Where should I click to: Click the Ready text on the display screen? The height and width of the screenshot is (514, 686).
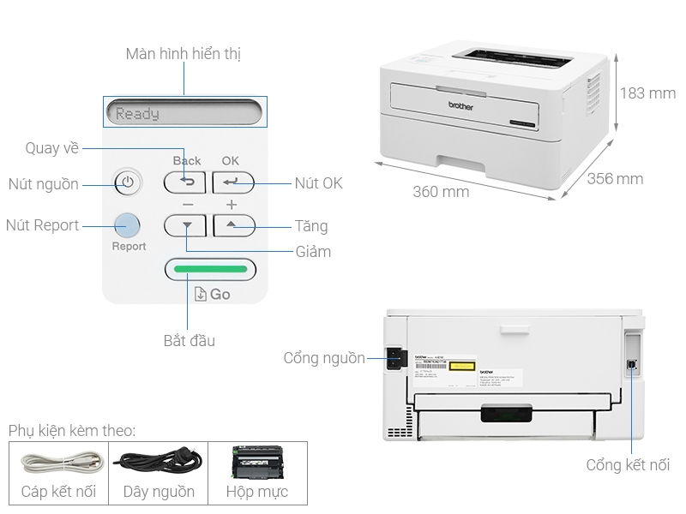click(137, 113)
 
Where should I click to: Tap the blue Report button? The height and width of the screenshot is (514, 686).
click(127, 225)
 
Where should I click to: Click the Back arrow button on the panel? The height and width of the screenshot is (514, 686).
click(185, 182)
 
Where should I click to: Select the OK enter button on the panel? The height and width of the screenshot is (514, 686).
click(233, 182)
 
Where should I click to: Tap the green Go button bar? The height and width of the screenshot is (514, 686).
click(210, 270)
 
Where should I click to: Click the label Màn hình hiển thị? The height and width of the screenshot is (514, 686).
click(183, 54)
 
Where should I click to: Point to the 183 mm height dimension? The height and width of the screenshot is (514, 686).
click(647, 93)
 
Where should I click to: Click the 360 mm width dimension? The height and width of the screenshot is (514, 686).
click(441, 192)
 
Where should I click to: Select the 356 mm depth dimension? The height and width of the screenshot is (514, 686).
click(615, 179)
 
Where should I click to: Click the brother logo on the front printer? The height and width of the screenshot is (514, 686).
click(461, 105)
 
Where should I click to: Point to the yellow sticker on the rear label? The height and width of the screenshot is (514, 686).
click(462, 365)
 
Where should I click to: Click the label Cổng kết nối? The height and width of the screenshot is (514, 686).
click(628, 465)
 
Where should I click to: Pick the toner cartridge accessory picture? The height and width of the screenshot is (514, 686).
click(256, 462)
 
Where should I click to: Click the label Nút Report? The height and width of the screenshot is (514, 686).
click(42, 225)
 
